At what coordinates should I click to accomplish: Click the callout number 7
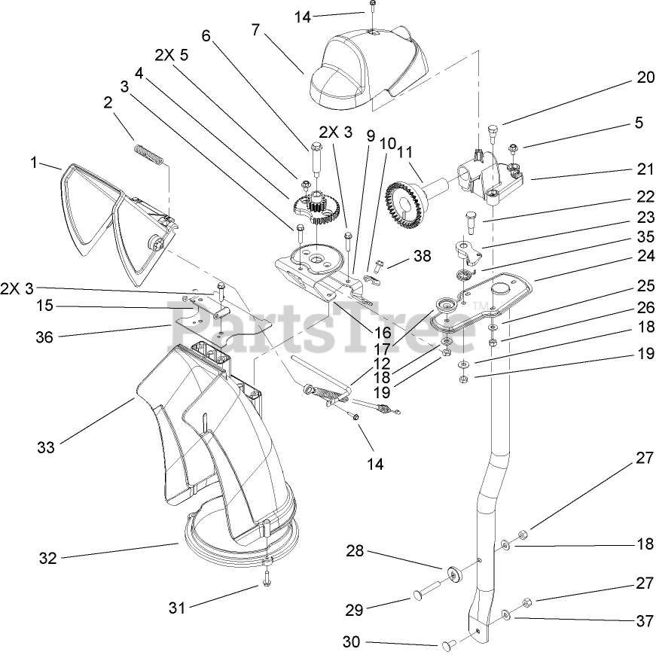point(256,31)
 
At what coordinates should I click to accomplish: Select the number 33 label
point(45,447)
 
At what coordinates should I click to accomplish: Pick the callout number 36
point(44,337)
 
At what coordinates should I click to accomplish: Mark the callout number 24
point(645,256)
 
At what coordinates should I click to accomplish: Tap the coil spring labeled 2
point(148,156)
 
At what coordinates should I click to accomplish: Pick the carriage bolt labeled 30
point(447,644)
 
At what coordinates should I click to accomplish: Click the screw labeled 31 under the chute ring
point(267,580)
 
